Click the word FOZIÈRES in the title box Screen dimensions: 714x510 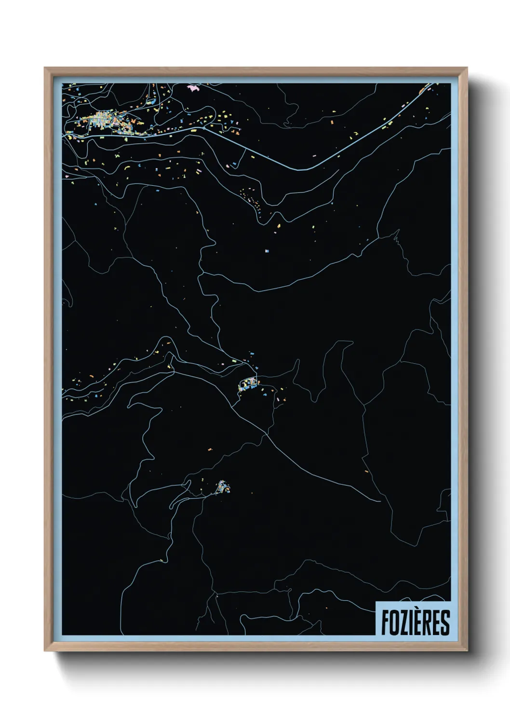click(415, 622)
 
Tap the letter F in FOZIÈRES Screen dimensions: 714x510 click(386, 622)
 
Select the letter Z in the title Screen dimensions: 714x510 click(403, 622)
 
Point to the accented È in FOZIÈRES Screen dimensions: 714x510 click(418, 621)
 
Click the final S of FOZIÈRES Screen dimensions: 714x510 click(445, 622)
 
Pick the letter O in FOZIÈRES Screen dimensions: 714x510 click(394, 622)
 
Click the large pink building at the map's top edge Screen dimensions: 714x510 click(193, 88)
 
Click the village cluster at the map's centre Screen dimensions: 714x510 click(249, 384)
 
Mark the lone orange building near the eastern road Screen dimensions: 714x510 click(366, 471)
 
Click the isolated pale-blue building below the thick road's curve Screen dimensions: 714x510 click(268, 250)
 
